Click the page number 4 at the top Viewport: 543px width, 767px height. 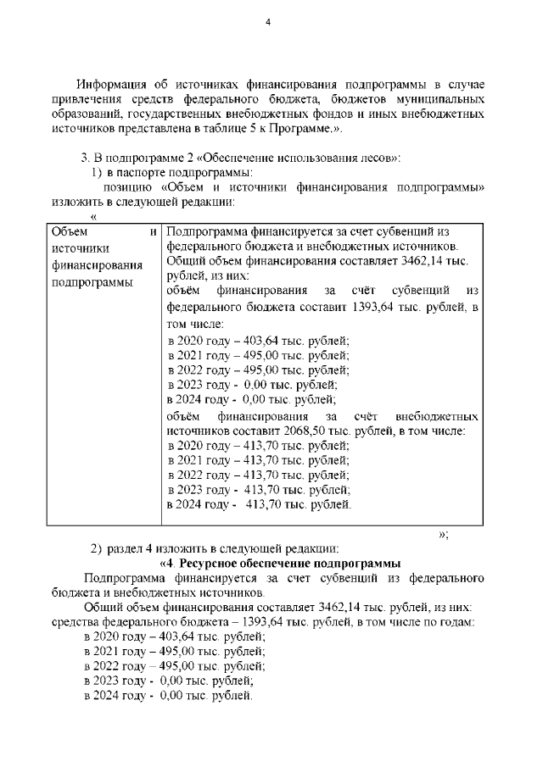267,22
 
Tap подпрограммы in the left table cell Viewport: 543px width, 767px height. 88,281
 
